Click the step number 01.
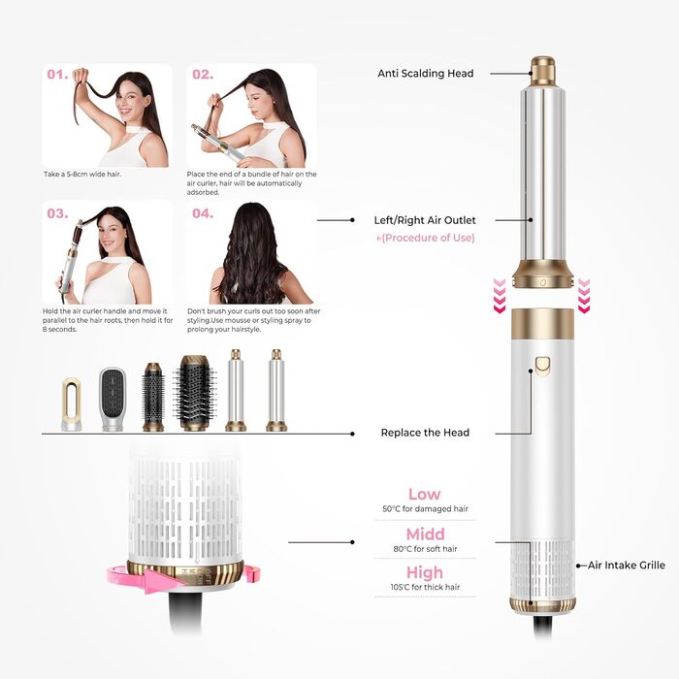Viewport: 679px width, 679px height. tap(56, 75)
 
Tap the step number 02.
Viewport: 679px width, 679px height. tap(202, 75)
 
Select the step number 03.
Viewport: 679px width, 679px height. tap(57, 213)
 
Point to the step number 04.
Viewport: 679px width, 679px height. tap(202, 213)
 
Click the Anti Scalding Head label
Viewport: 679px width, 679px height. tap(425, 74)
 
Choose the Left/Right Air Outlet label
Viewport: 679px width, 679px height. tap(425, 220)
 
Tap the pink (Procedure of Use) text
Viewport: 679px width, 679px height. tap(425, 239)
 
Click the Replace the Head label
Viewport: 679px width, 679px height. tap(425, 432)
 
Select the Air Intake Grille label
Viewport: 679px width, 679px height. tap(627, 565)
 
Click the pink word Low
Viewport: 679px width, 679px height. tap(425, 495)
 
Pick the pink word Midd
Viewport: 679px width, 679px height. tap(425, 534)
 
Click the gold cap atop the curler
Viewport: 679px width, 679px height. tap(542, 70)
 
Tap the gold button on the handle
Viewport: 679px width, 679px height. tap(542, 367)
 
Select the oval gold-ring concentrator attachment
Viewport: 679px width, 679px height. tap(71, 404)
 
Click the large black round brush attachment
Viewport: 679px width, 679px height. tap(195, 393)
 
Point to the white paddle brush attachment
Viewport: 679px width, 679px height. tap(113, 398)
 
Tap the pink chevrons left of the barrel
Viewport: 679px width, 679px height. tap(500, 296)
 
